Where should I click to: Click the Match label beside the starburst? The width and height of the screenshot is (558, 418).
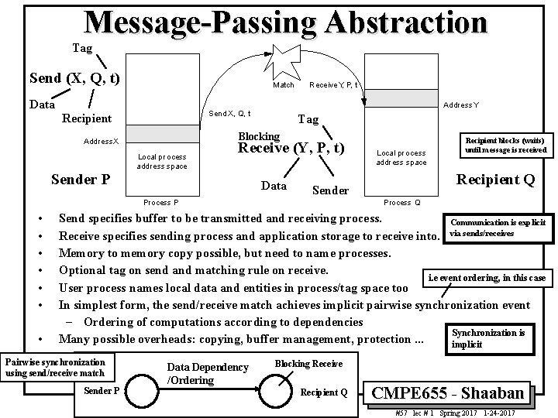pos(283,84)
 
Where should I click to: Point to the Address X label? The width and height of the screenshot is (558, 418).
pos(102,142)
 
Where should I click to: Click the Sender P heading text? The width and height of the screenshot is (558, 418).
pos(80,180)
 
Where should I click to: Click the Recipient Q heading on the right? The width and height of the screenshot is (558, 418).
pos(495,180)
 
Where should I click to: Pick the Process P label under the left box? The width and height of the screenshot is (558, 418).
pos(161,203)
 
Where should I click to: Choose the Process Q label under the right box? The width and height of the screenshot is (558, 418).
pos(402,203)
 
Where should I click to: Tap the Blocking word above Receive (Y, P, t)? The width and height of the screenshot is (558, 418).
pos(259,135)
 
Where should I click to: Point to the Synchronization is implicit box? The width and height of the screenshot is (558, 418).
pos(488,337)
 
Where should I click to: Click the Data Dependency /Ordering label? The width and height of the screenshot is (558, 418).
pos(208,373)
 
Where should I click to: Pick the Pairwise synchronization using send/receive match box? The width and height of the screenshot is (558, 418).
pos(55,367)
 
